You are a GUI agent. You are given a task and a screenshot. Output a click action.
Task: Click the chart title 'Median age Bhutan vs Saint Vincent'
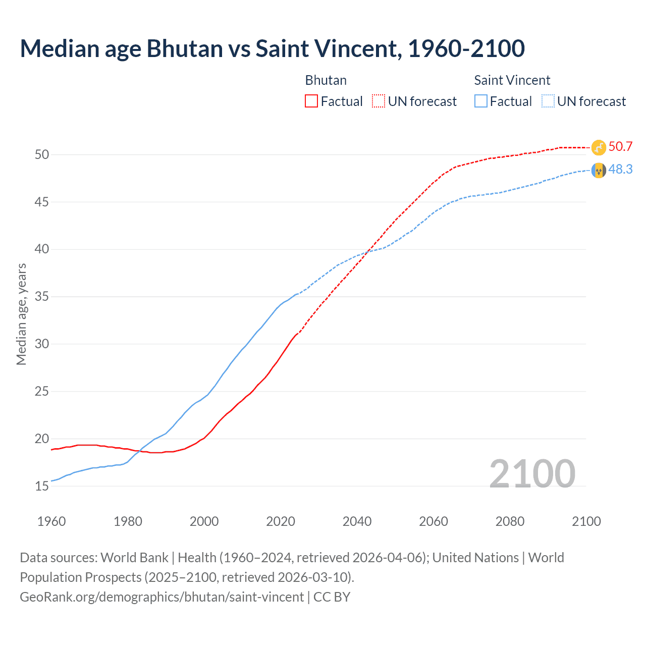272,49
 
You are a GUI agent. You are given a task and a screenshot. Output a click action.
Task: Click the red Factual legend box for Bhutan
311,101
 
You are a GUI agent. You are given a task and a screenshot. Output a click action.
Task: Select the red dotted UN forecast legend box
379,101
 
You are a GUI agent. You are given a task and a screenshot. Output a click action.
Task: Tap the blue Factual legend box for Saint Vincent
481,101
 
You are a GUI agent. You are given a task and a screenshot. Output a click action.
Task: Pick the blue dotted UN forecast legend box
548,101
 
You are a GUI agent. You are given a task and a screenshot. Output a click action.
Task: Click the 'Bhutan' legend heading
326,80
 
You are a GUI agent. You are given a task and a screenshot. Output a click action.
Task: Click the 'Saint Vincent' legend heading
512,80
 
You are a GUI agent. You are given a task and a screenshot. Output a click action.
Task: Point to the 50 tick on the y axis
42,155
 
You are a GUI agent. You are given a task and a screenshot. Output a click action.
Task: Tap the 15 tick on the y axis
42,487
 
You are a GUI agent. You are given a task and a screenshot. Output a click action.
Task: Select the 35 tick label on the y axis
42,297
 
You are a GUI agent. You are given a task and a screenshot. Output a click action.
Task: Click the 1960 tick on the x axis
51,521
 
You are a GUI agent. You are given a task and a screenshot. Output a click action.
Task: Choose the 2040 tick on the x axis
357,521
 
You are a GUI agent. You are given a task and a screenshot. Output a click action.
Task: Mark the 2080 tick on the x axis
510,521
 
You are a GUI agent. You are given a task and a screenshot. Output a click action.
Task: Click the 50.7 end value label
620,147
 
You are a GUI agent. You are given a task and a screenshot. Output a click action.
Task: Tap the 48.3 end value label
620,170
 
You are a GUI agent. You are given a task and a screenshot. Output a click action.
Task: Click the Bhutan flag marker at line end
599,147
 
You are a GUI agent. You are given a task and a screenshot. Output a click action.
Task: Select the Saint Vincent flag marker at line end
599,171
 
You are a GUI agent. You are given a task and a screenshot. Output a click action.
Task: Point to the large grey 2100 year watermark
532,473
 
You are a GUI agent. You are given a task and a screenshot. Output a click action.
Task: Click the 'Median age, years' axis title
21,314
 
